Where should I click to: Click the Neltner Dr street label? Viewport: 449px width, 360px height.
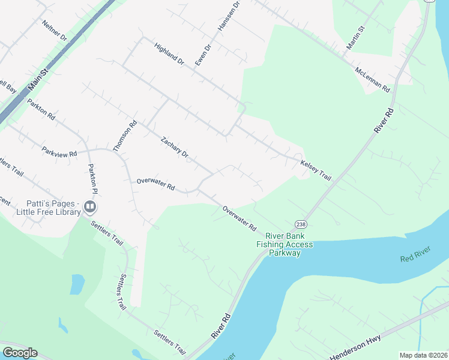pos(54,30)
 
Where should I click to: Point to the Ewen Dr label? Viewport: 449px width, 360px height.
pos(203,55)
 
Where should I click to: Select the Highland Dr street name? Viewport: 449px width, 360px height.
pos(169,53)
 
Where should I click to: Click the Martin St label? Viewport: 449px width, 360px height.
pos(355,37)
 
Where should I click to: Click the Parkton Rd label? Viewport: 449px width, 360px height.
pos(41,110)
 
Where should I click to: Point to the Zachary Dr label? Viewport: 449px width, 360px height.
pos(175,148)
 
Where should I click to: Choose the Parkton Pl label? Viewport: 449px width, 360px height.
pos(91,179)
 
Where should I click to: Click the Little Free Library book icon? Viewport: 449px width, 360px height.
pos(91,208)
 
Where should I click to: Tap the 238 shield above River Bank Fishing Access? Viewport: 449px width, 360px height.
pos(300,223)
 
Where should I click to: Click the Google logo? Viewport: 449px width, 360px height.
pos(20,352)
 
